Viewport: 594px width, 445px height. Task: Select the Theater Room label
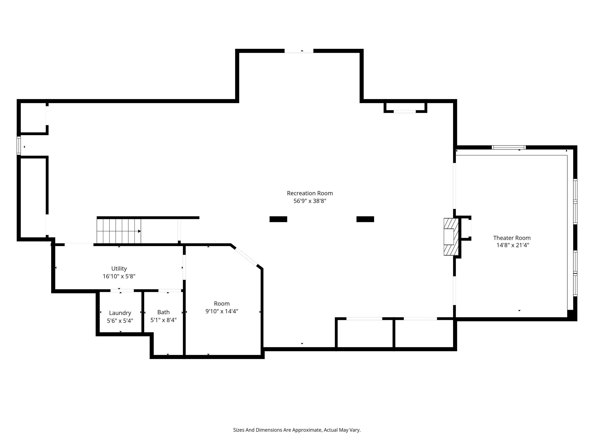coord(512,238)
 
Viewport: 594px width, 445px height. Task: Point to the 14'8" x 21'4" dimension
coord(513,245)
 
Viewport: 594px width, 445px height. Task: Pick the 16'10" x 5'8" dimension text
coord(119,276)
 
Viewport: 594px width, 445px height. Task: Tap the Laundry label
coord(120,313)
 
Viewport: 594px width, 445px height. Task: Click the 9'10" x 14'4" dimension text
coord(222,311)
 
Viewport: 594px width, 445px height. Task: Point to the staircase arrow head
coord(139,231)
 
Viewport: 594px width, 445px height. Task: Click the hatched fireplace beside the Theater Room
coord(451,237)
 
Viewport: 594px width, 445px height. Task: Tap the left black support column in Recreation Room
coord(278,219)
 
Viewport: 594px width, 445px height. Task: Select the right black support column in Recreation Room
coord(365,219)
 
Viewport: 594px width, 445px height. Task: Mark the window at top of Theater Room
coord(509,147)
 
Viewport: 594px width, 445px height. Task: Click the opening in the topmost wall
coord(299,51)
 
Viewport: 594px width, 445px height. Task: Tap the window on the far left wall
coord(19,146)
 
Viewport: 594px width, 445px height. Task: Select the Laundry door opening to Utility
coord(122,290)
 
